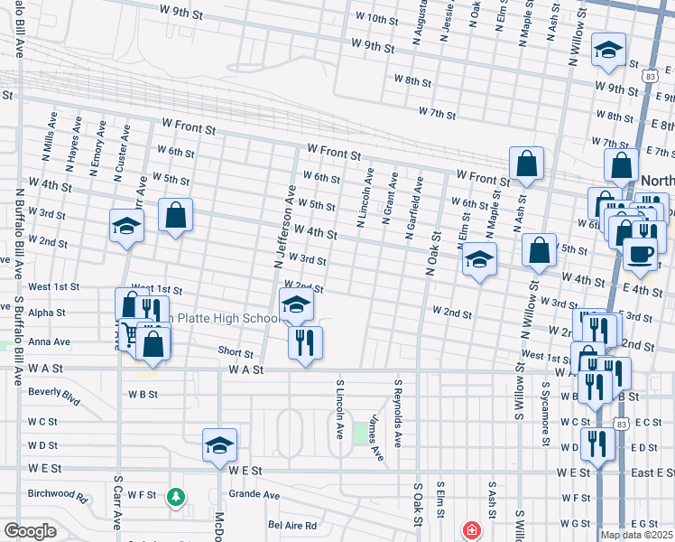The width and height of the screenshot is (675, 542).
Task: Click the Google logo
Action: coord(30,531)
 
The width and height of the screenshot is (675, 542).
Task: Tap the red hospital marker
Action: coord(470,530)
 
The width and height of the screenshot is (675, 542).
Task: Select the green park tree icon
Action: coord(177,496)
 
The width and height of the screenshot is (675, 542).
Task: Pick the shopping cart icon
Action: coord(131,336)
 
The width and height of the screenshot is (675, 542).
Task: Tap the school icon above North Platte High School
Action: coord(295,305)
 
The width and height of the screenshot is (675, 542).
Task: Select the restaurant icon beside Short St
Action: coord(304,342)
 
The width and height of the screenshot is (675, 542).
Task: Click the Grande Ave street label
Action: coord(254,494)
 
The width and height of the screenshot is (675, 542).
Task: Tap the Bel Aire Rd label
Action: coord(292,525)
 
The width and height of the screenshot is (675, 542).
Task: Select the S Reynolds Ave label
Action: coord(396,413)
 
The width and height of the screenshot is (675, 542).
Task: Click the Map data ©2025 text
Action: coord(635,535)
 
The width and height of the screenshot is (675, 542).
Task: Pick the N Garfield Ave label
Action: coord(414,207)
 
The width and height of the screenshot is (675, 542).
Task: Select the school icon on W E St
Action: coord(219,444)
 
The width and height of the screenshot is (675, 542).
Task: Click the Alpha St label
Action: coord(47,313)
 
